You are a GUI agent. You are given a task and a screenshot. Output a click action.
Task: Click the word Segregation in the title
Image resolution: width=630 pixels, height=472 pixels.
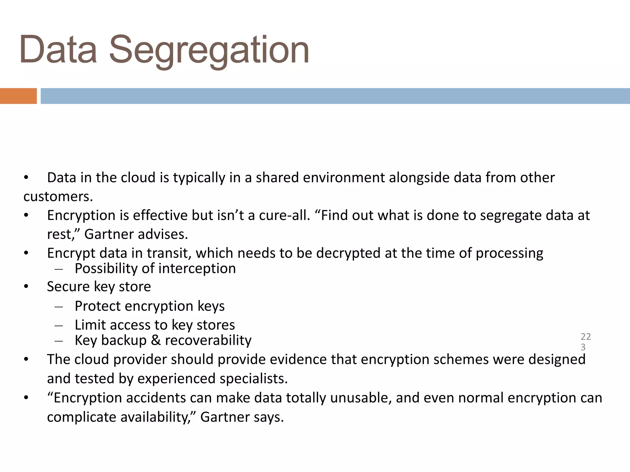209,51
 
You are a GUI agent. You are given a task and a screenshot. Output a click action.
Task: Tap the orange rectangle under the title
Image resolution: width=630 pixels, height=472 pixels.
18,96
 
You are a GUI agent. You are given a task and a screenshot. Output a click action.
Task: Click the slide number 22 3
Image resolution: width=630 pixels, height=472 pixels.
585,342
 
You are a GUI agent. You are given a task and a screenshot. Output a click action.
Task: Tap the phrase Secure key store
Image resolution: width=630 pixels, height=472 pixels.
99,287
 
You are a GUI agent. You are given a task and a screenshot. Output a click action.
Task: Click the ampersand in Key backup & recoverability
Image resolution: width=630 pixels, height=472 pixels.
156,340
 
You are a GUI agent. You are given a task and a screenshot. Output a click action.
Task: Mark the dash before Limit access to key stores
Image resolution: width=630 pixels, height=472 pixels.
58,325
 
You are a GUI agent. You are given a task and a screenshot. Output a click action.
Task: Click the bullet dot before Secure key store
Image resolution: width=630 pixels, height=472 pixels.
26,287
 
